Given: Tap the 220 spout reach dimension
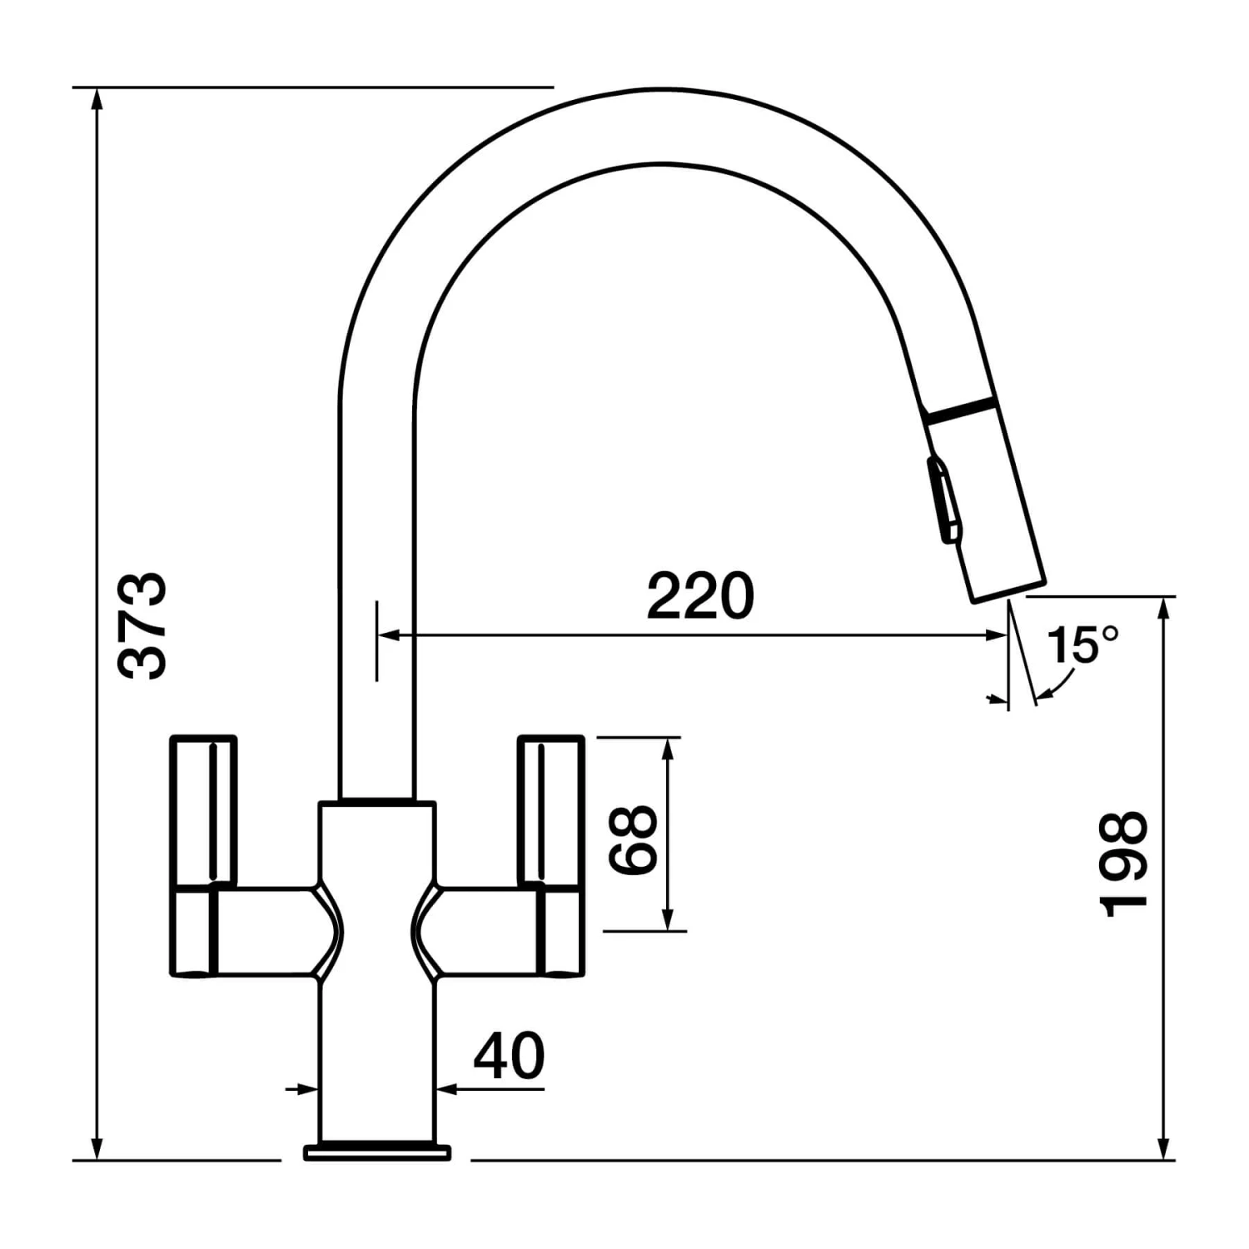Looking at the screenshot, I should coord(700,596).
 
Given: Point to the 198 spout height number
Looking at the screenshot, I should coord(1124,864).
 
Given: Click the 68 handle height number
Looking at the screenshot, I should coord(634,839).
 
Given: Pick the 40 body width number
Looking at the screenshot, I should coord(509,1056).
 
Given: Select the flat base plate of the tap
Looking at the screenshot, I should coord(377,1152).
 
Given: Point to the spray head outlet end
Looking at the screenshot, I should coord(1006,587).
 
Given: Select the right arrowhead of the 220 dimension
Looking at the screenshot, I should coord(998,635).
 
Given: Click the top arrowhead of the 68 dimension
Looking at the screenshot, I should coord(666,748).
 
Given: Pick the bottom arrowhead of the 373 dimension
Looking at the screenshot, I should coord(97,1148).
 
